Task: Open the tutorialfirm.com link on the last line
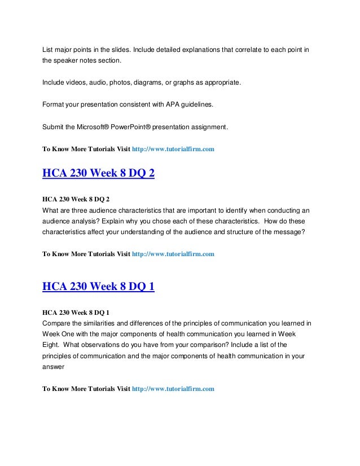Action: point(173,389)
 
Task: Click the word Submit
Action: point(55,128)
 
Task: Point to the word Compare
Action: point(59,323)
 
